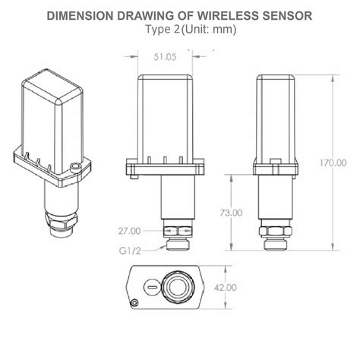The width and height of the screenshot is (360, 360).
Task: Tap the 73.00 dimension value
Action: point(231,213)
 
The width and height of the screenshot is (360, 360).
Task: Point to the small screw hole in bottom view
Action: point(136,303)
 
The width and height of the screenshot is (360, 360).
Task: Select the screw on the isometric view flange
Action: point(74,168)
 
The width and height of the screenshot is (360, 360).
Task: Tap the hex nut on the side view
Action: point(273,232)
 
